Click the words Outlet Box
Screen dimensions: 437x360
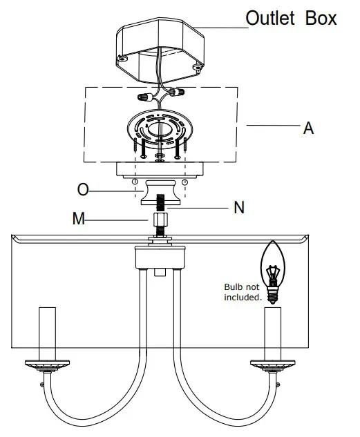pyautogui.click(x=291, y=18)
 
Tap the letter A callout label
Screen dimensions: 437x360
pyautogui.click(x=308, y=128)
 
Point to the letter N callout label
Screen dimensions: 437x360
pyautogui.click(x=238, y=207)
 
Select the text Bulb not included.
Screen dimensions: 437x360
pyautogui.click(x=242, y=292)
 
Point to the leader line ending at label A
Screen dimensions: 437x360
pyautogui.click(x=273, y=126)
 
